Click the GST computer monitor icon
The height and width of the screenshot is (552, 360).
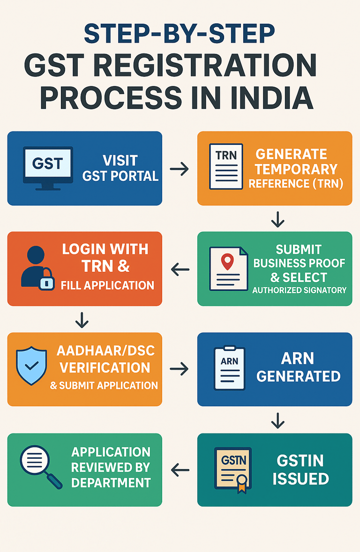click(x=48, y=168)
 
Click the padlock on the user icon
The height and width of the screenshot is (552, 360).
click(x=46, y=281)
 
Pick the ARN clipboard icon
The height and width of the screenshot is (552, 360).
click(x=229, y=368)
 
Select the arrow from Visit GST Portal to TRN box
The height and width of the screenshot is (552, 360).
click(x=179, y=169)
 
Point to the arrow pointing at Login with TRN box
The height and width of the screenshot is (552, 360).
click(x=180, y=269)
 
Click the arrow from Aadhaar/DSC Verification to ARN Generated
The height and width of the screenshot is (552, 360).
click(x=179, y=370)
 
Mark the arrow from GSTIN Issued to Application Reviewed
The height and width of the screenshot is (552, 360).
click(x=180, y=469)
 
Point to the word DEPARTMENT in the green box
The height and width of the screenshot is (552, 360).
click(x=111, y=482)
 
